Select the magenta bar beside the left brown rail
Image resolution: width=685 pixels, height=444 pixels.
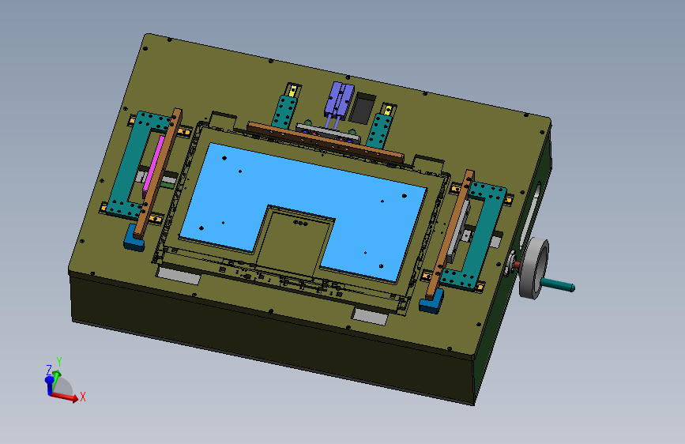[x=153, y=165]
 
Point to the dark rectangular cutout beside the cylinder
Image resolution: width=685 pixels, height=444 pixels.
[x=363, y=108]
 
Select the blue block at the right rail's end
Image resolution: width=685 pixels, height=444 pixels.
[x=431, y=301]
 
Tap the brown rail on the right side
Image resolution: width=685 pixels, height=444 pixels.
[x=449, y=235]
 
